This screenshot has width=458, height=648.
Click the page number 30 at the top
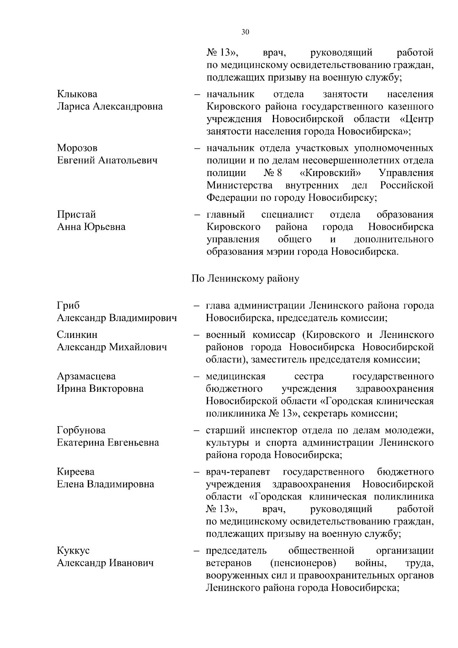click(245, 32)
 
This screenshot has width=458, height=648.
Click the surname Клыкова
click(77, 94)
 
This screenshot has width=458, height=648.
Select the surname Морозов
click(77, 148)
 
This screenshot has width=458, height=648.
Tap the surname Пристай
click(76, 215)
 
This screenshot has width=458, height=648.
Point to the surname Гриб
click(68, 306)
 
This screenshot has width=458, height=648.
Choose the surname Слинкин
click(77, 335)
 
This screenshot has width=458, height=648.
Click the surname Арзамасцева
click(86, 377)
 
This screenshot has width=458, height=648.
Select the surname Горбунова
click(81, 430)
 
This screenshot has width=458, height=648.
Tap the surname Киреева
click(76, 472)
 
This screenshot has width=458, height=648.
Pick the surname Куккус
click(73, 551)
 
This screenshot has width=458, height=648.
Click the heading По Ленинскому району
click(245, 278)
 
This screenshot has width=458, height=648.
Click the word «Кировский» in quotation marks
click(331, 173)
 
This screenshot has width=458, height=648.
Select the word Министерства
click(239, 186)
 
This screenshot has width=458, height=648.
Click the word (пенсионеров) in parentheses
click(303, 563)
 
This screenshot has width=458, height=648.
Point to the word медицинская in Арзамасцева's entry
click(235, 377)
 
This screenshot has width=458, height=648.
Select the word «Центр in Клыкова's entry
click(416, 119)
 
